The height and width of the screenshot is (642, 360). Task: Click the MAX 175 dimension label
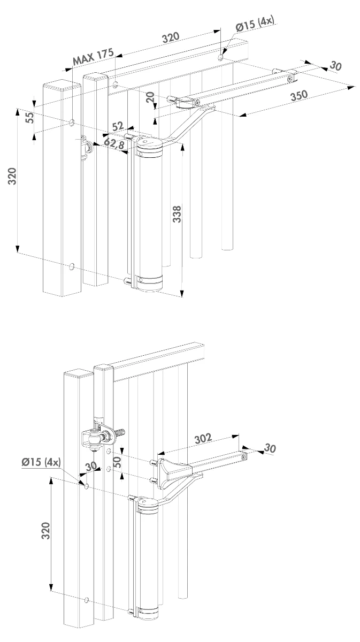point(93,57)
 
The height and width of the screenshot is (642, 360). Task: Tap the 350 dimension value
point(299,95)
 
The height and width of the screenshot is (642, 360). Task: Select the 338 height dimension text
point(177,214)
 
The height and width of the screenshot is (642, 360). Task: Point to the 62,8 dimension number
point(114,143)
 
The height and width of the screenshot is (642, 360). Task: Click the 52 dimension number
point(118,126)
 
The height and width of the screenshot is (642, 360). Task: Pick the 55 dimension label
point(29,118)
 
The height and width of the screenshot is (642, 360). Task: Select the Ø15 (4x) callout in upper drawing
point(255,24)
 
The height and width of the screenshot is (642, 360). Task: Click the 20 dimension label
point(150,97)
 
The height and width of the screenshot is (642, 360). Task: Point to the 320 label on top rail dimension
point(171,37)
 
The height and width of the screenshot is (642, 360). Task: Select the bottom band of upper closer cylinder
point(149,282)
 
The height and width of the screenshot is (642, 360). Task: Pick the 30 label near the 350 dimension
point(335,66)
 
